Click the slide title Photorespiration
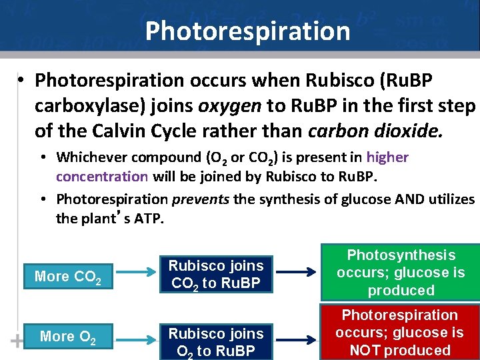(247, 31)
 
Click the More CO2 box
(67, 276)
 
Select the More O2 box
(67, 337)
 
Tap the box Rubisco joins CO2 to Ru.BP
(216, 274)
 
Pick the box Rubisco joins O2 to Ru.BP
(216, 341)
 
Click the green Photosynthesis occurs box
(401, 273)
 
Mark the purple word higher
(387, 157)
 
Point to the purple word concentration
(102, 177)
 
